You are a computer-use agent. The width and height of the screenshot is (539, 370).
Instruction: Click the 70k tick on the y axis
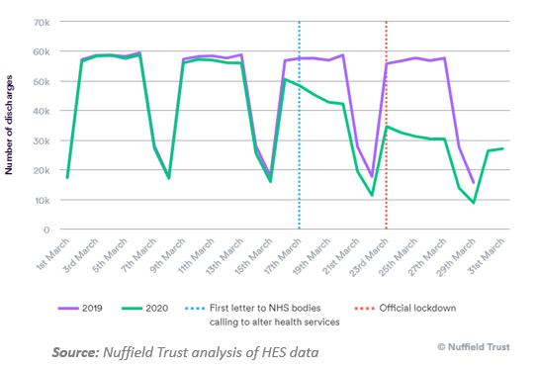click(43, 22)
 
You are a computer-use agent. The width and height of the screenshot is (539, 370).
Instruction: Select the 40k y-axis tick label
click(43, 111)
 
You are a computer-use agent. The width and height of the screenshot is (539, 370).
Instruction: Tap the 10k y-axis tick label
click(43, 200)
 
